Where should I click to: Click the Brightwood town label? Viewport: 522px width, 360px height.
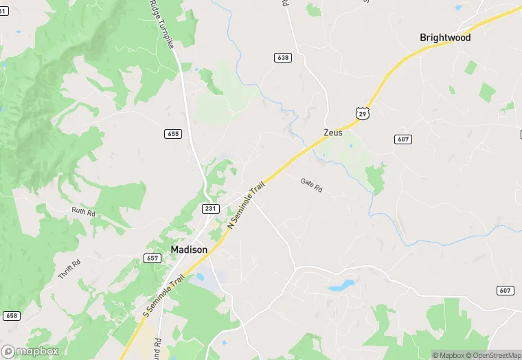(x=445, y=38)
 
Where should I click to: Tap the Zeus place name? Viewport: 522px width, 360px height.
(x=333, y=133)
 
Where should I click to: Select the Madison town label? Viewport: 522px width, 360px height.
(x=189, y=249)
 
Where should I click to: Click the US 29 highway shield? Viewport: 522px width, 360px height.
(x=362, y=112)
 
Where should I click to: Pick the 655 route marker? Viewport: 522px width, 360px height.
(x=173, y=133)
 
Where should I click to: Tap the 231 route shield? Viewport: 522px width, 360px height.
(x=210, y=207)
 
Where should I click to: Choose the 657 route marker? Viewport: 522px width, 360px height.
(x=152, y=258)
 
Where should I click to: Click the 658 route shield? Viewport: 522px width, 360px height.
(x=11, y=315)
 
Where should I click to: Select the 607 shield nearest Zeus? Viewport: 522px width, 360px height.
(x=403, y=139)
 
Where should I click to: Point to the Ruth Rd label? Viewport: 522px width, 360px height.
(x=83, y=212)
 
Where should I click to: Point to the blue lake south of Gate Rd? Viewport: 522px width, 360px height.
(x=341, y=284)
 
